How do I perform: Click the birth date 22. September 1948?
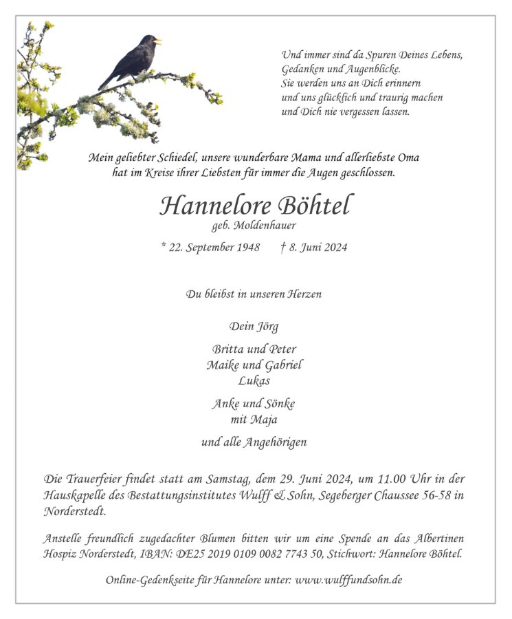click(218, 248)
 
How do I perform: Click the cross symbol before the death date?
click(283, 247)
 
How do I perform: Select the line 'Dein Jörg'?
click(254, 326)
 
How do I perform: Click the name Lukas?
click(254, 380)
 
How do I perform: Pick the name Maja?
click(265, 419)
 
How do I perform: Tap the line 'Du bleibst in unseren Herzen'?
click(254, 294)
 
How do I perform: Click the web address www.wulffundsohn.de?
click(348, 580)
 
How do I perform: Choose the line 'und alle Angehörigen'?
click(254, 442)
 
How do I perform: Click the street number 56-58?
click(432, 495)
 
